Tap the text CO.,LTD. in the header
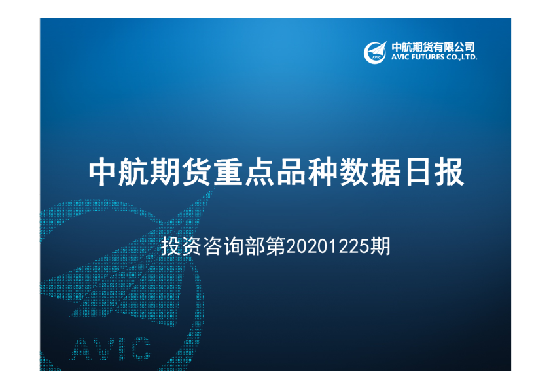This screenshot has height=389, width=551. [x=464, y=58]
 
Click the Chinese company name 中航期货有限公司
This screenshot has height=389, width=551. [x=433, y=47]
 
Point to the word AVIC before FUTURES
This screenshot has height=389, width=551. [x=399, y=58]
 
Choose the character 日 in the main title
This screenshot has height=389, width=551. [x=418, y=172]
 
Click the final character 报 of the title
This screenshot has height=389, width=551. [x=450, y=172]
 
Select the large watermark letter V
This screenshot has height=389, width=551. [x=105, y=349]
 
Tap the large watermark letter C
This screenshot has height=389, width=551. [x=139, y=349]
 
